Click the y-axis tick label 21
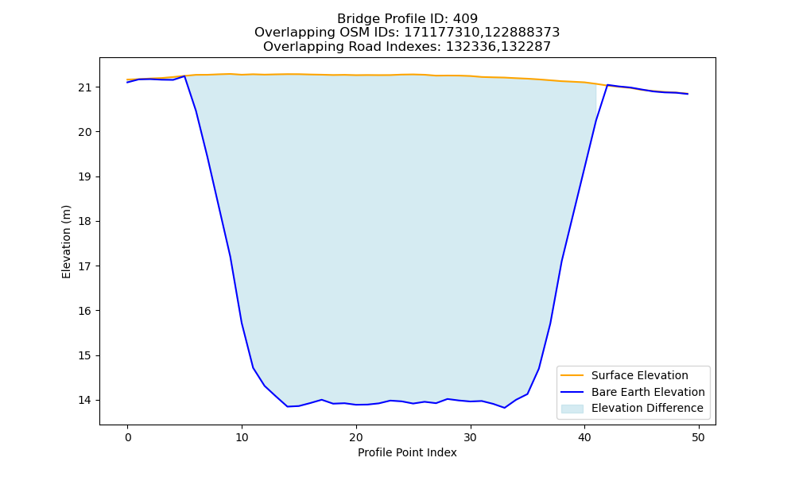(x=84, y=87)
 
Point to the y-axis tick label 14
(x=84, y=401)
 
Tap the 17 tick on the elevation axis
(x=84, y=266)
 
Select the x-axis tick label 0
(x=128, y=437)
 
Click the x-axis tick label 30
(x=471, y=437)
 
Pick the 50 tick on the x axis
(x=699, y=437)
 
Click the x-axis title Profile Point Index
(x=407, y=452)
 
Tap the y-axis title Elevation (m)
(x=67, y=242)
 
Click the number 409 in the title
(x=465, y=19)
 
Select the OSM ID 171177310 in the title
(x=441, y=33)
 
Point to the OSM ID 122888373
(x=522, y=33)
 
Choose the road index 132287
(x=525, y=47)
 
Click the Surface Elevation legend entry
(x=639, y=375)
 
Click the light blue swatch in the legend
(x=572, y=409)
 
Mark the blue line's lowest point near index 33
(x=505, y=408)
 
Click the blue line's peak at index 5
(x=184, y=76)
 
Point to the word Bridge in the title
(x=354, y=19)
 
